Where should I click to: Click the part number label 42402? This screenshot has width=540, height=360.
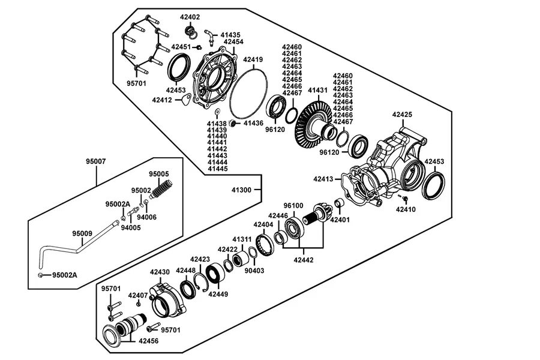pyautogui.click(x=190, y=17)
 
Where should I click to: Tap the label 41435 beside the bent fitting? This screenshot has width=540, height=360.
pyautogui.click(x=230, y=35)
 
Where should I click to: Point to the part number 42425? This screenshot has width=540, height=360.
pyautogui.click(x=402, y=115)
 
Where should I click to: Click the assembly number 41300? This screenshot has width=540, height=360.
pyautogui.click(x=241, y=190)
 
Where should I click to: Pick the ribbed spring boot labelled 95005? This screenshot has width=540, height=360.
pyautogui.click(x=161, y=190)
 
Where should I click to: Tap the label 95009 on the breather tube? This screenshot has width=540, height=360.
pyautogui.click(x=82, y=233)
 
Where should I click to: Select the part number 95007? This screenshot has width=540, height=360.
pyautogui.click(x=96, y=161)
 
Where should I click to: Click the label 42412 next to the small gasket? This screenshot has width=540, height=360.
pyautogui.click(x=162, y=100)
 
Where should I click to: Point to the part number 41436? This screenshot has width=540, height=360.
pyautogui.click(x=253, y=123)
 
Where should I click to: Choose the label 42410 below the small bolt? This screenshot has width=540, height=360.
pyautogui.click(x=406, y=209)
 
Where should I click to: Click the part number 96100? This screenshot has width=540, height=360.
pyautogui.click(x=293, y=205)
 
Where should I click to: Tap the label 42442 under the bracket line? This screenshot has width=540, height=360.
pyautogui.click(x=304, y=260)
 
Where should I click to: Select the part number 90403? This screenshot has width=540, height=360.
pyautogui.click(x=254, y=271)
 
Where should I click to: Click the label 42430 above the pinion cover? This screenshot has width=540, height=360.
pyautogui.click(x=160, y=272)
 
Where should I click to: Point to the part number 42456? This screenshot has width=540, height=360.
pyautogui.click(x=148, y=341)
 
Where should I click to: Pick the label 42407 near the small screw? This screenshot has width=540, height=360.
pyautogui.click(x=138, y=295)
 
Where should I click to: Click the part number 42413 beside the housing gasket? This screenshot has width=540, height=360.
pyautogui.click(x=323, y=179)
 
